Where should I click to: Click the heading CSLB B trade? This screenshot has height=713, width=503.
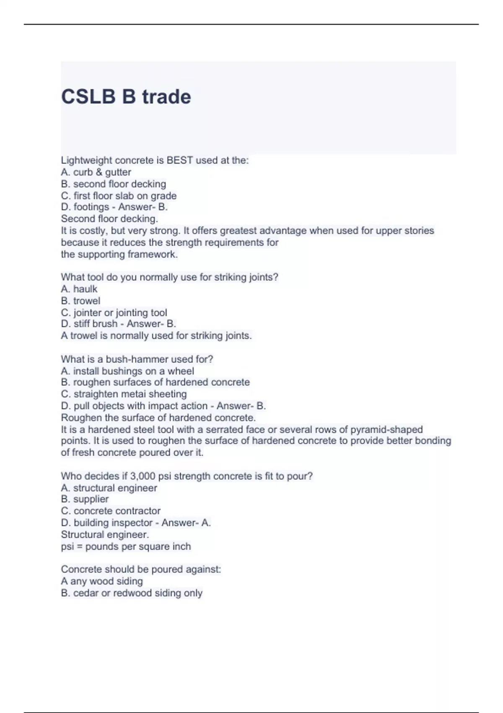(126, 97)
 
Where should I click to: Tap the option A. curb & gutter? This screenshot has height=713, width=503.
(96, 172)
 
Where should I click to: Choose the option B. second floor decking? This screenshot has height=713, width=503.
(113, 184)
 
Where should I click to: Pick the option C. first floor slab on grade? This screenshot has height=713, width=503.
(119, 195)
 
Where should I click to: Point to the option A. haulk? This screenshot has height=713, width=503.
(79, 289)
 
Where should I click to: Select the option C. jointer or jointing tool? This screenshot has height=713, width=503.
(114, 312)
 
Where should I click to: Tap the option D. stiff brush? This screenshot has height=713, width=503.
(89, 324)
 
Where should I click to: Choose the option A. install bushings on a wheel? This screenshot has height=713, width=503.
(127, 371)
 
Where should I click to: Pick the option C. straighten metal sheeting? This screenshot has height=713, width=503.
(124, 394)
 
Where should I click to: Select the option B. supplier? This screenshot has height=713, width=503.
(85, 499)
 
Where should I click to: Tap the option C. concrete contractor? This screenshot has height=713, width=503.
(111, 511)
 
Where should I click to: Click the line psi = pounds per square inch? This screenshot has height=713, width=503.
(126, 546)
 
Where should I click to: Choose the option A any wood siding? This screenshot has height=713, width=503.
(102, 581)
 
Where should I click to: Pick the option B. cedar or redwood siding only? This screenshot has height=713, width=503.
(132, 593)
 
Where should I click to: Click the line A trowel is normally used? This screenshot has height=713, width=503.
(156, 336)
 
